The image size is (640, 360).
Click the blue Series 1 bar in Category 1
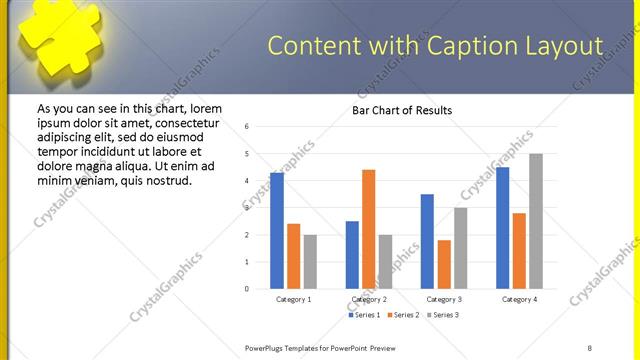277,231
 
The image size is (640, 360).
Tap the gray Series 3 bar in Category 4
536,221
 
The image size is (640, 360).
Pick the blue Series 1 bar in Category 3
427,241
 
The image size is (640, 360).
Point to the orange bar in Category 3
444,264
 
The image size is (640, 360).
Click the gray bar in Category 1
310,262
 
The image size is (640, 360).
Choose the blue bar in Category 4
503,228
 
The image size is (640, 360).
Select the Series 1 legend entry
365,316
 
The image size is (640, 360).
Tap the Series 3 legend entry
444,316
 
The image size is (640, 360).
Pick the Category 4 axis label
518,299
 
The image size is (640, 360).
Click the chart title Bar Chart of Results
402,110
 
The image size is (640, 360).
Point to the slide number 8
590,347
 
